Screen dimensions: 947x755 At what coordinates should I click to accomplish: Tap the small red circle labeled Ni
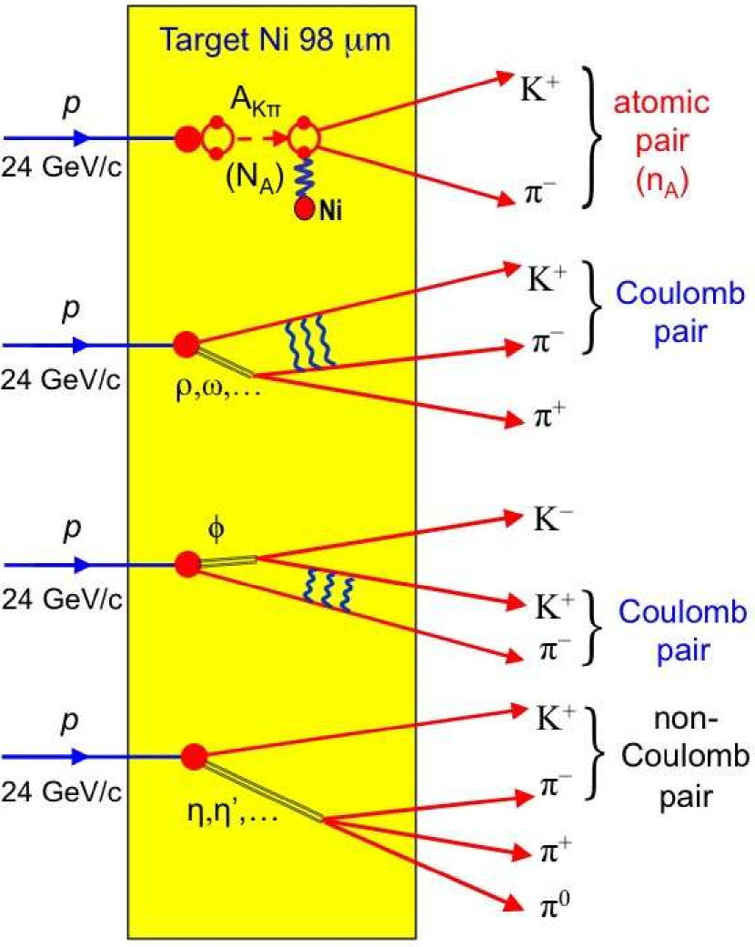304,209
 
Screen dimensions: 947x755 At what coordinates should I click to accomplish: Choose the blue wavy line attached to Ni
303,176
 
